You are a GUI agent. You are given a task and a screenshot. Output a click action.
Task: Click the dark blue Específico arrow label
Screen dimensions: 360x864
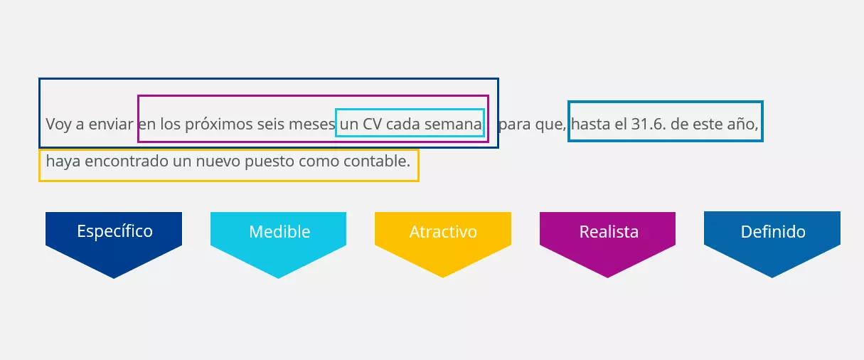click(114, 232)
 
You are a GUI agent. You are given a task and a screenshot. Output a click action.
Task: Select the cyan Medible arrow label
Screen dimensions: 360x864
click(279, 232)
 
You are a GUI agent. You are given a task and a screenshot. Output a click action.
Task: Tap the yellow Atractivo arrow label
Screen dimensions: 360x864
click(443, 232)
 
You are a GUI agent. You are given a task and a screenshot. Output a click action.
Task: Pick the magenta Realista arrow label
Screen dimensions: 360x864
click(608, 232)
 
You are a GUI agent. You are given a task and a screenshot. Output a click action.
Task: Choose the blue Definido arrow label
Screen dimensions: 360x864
click(772, 232)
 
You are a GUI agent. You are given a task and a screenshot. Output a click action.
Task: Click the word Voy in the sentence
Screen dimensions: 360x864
click(58, 125)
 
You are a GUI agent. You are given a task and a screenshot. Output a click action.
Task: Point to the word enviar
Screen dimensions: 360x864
click(111, 125)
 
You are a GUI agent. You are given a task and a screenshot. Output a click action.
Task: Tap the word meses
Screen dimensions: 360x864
click(311, 125)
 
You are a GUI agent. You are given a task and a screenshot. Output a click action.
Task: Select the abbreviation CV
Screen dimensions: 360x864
click(373, 125)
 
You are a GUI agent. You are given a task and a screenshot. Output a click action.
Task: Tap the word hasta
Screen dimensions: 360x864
click(590, 125)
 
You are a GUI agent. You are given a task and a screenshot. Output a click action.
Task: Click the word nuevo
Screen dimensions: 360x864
click(217, 162)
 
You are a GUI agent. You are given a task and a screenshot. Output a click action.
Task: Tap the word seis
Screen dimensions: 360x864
click(270, 125)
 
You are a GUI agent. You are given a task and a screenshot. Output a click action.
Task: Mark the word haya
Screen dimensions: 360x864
click(63, 162)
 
